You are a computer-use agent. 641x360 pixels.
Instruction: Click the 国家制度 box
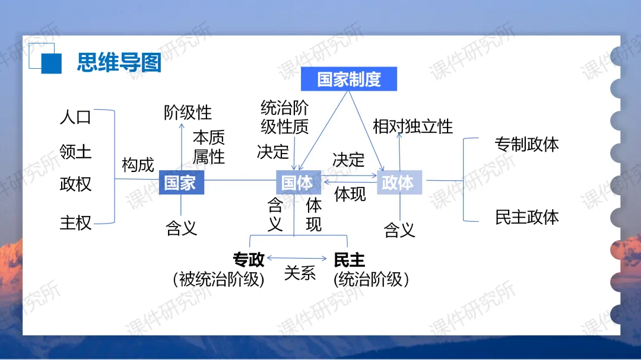pyautogui.click(x=348, y=79)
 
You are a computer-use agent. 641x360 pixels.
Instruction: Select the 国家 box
pyautogui.click(x=181, y=182)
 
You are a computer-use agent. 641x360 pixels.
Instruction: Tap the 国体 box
pyautogui.click(x=298, y=182)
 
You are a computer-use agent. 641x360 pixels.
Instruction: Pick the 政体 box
pyautogui.click(x=399, y=182)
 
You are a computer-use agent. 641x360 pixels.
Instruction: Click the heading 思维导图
pyautogui.click(x=119, y=62)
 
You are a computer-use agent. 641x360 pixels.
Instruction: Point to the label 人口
pyautogui.click(x=75, y=117)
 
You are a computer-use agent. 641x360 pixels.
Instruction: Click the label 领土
pyautogui.click(x=75, y=151)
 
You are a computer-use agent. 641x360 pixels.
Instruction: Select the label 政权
pyautogui.click(x=75, y=184)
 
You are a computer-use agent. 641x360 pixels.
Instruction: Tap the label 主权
pyautogui.click(x=75, y=223)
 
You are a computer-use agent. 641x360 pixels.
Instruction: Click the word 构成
pyautogui.click(x=138, y=165)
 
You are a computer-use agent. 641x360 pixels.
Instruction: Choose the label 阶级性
pyautogui.click(x=188, y=112)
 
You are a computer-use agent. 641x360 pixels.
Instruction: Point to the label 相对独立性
pyautogui.click(x=412, y=126)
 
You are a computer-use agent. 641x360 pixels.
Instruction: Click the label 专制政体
pyautogui.click(x=526, y=144)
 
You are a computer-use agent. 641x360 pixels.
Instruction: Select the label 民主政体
pyautogui.click(x=526, y=217)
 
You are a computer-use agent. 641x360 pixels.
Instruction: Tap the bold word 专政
pyautogui.click(x=249, y=260)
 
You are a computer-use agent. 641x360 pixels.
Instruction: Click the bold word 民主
pyautogui.click(x=349, y=260)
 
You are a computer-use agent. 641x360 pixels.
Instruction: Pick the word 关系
pyautogui.click(x=300, y=273)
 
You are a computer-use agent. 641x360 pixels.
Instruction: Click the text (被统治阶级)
pyautogui.click(x=218, y=279)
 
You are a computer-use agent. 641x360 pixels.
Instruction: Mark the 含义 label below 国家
pyautogui.click(x=181, y=228)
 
